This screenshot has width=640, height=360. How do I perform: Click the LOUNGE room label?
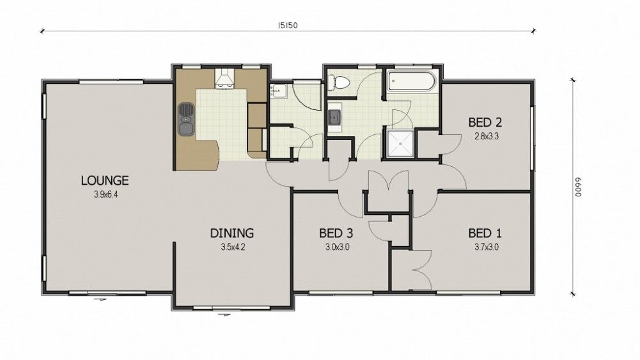(105, 180)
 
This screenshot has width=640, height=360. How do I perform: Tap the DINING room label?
(232, 233)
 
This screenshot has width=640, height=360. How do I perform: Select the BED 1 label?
(485, 233)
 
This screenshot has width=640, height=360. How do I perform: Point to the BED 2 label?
(485, 122)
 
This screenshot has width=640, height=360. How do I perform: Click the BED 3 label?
(336, 233)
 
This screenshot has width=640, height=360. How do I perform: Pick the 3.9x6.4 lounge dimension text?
(105, 194)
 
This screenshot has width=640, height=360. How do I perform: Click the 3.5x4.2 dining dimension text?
(233, 247)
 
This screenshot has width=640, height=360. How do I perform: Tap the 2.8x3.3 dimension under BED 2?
(486, 136)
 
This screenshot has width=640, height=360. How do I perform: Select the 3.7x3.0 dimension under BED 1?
(486, 247)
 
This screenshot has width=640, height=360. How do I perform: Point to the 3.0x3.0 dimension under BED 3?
(337, 247)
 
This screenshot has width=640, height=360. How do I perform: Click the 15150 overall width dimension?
(288, 26)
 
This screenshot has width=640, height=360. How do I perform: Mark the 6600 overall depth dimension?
(578, 187)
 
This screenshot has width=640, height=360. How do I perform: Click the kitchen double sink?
(185, 119)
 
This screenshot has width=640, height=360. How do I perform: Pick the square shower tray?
(401, 143)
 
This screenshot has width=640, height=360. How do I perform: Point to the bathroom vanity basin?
(334, 117)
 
